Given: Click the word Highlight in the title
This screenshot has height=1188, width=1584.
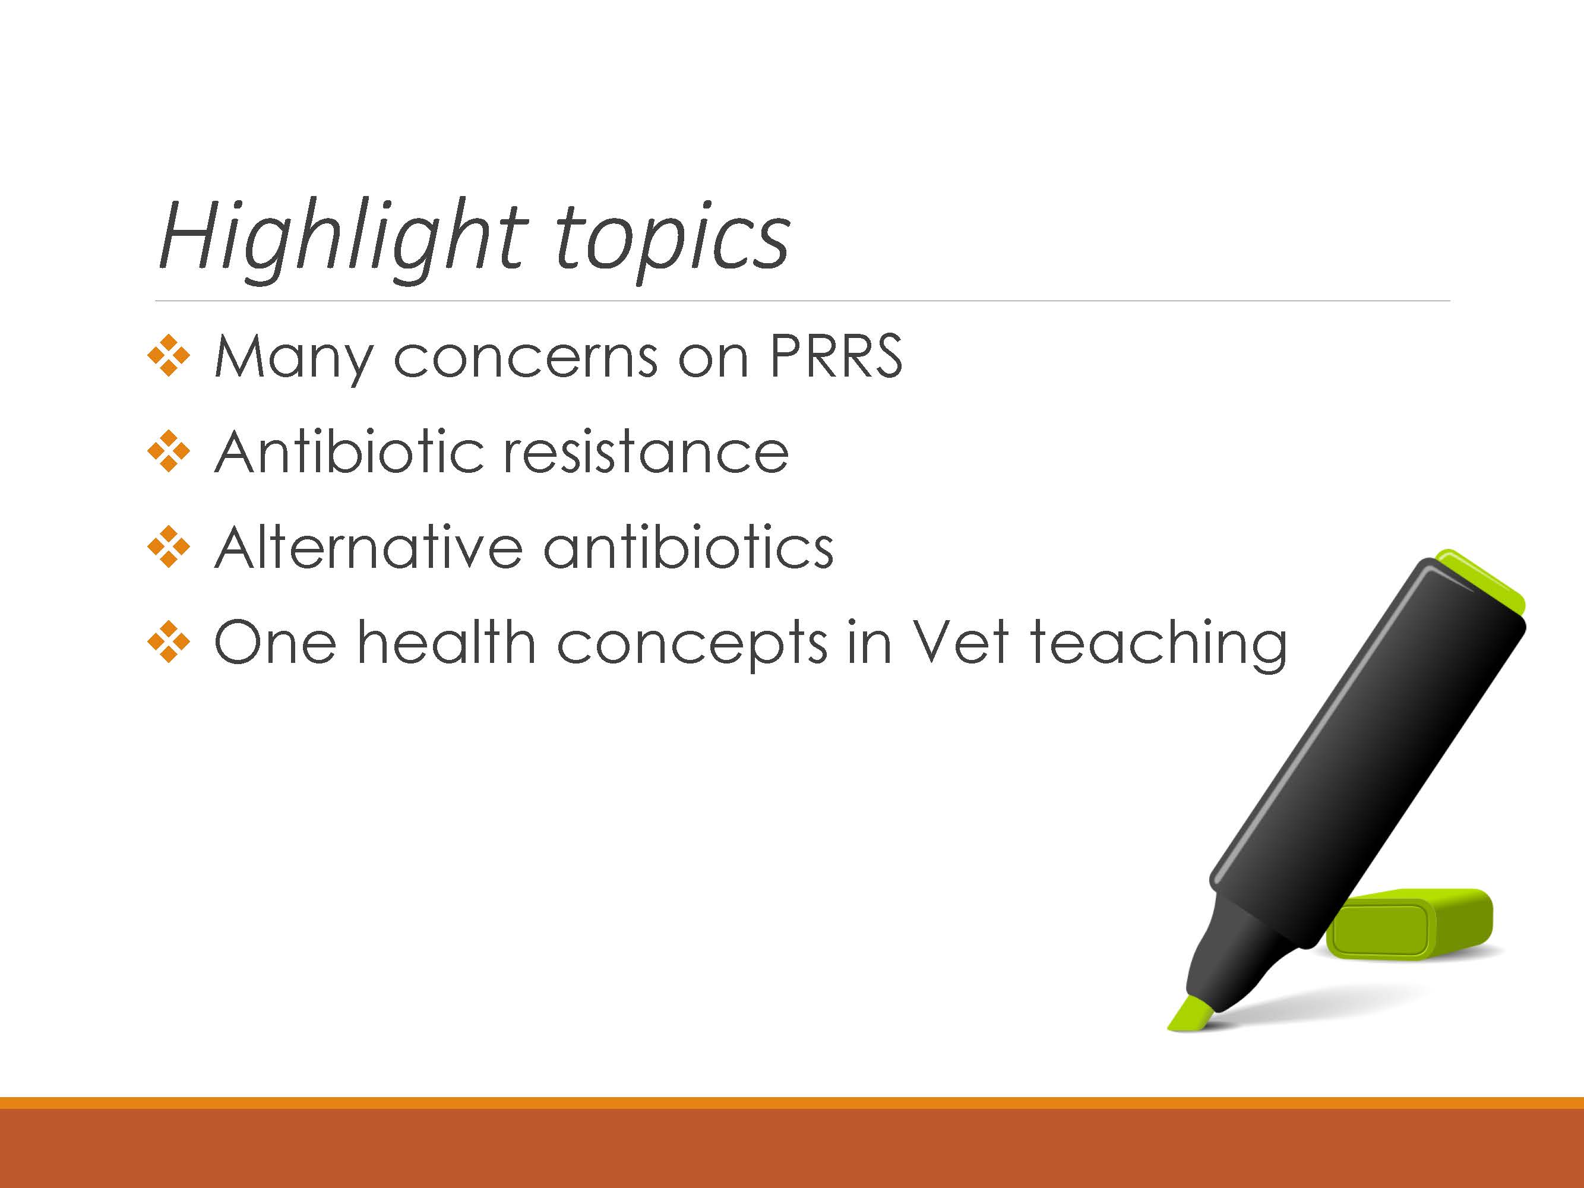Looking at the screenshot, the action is click(x=344, y=241).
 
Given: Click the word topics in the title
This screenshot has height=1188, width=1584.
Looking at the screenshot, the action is click(x=672, y=242).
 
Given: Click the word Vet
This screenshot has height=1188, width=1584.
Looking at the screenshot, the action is click(x=961, y=642).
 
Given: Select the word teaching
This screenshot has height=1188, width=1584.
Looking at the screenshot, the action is click(x=1159, y=646).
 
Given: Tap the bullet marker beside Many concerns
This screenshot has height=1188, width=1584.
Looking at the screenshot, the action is click(x=169, y=355).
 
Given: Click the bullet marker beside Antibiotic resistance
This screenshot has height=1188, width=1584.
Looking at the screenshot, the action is click(x=169, y=451).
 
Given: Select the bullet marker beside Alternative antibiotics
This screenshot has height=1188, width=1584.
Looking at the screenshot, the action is click(x=169, y=547).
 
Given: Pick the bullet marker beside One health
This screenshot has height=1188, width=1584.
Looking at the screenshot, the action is click(x=169, y=642).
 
